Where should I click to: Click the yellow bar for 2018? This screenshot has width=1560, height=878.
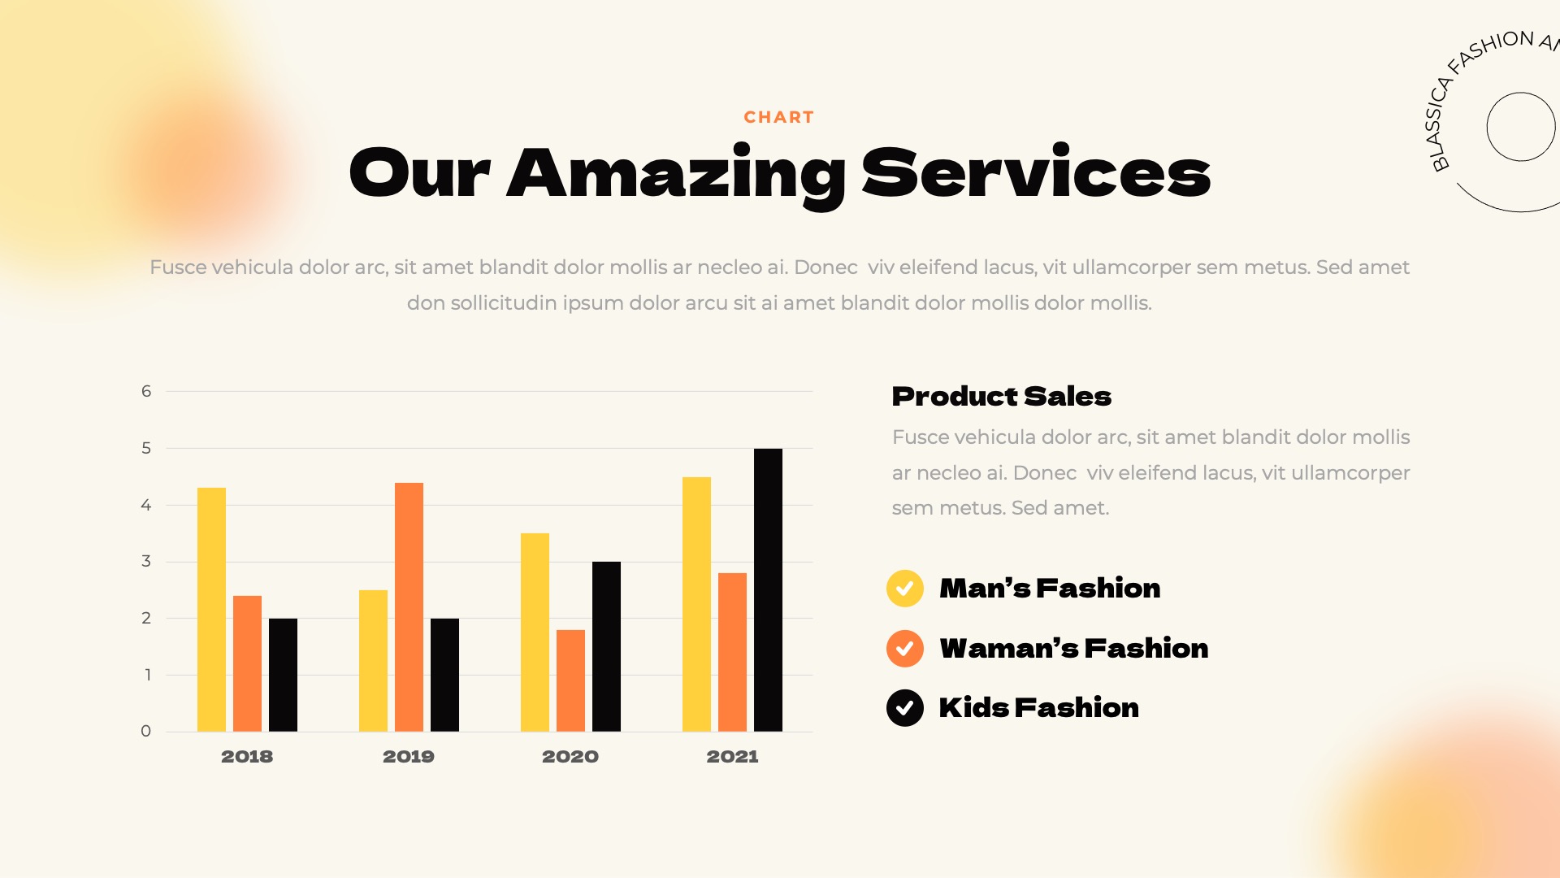click(x=211, y=610)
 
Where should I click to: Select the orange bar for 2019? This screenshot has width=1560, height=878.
click(x=409, y=606)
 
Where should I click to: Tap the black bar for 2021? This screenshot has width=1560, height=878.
click(x=768, y=589)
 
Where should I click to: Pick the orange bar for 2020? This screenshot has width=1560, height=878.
click(x=570, y=680)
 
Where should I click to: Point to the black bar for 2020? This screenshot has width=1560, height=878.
click(x=606, y=646)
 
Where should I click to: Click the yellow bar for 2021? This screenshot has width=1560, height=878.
click(x=696, y=604)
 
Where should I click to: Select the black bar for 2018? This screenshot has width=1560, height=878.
click(x=283, y=675)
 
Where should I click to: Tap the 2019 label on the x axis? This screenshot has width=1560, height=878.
click(x=409, y=757)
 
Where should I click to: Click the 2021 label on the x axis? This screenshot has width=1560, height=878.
click(x=732, y=757)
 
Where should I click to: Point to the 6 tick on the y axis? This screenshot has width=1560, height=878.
click(x=146, y=391)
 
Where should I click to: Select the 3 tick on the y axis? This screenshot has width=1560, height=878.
click(x=146, y=561)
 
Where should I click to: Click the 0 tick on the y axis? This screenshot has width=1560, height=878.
click(x=146, y=731)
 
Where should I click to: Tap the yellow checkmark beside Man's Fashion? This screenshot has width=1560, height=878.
click(x=904, y=589)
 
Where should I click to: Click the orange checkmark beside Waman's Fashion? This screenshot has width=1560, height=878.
click(x=904, y=649)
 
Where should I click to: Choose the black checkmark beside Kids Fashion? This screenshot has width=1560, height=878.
click(x=904, y=708)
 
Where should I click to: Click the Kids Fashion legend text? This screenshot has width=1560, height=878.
click(x=1038, y=708)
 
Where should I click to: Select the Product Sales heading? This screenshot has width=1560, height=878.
click(x=1001, y=397)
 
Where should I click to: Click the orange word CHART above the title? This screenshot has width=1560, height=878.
click(x=778, y=117)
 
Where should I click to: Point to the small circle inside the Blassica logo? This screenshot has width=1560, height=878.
click(x=1520, y=127)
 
